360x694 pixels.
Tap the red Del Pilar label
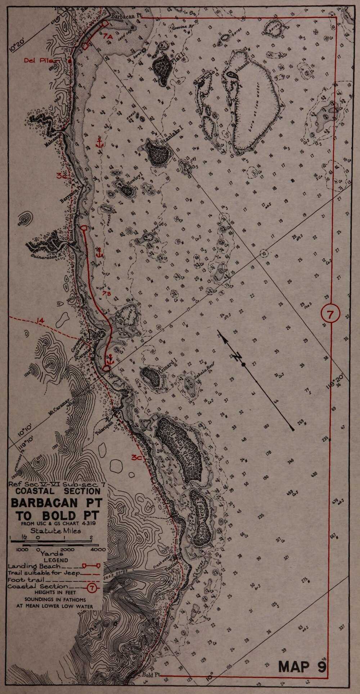point(36,60)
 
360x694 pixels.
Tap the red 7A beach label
point(108,37)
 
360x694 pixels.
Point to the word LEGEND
point(56,560)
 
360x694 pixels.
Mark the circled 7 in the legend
point(93,588)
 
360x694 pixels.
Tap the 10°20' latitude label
point(16,46)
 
